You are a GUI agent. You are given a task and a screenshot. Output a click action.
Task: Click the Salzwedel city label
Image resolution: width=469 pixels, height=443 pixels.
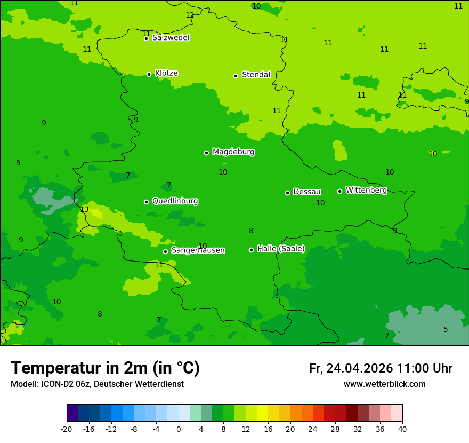tap(171, 38)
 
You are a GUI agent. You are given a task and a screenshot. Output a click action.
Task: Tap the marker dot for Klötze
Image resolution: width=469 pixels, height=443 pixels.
tap(149, 74)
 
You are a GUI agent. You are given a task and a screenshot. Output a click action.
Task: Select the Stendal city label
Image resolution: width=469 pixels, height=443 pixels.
tap(256, 75)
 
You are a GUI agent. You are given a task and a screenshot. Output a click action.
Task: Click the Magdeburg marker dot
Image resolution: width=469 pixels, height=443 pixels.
tap(206, 153)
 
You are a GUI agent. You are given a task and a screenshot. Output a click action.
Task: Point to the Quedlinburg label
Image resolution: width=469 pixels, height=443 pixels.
tap(175, 201)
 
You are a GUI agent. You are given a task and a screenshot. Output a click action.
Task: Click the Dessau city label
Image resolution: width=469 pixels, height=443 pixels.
tap(306, 192)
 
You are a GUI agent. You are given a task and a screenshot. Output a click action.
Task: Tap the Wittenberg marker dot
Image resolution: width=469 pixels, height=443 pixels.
tap(339, 191)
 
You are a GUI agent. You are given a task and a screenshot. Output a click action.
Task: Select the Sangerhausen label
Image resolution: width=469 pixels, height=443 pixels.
tap(198, 250)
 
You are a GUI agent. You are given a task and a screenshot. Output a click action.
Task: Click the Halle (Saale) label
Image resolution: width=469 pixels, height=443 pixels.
tap(281, 249)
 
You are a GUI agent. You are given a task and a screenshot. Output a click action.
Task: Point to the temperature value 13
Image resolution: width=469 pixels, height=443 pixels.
tap(84, 209)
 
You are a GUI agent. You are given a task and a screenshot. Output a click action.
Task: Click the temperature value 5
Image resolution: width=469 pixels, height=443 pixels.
tap(446, 329)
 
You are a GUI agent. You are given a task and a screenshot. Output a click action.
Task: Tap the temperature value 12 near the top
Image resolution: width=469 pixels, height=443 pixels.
tap(190, 15)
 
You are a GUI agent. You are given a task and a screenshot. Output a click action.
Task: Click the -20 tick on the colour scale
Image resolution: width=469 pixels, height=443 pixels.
tap(67, 429)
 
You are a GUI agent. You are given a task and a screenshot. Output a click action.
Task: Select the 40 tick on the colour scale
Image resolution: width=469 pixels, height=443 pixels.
tap(402, 429)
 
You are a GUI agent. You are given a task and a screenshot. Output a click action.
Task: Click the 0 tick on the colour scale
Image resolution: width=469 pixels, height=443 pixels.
tap(179, 429)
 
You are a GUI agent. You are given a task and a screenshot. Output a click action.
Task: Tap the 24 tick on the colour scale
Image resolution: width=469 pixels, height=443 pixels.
tap(313, 429)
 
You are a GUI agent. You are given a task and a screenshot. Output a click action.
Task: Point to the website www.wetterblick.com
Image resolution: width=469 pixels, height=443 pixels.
tap(384, 384)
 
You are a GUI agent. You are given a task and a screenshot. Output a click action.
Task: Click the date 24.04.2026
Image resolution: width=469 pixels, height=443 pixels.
tap(359, 368)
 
